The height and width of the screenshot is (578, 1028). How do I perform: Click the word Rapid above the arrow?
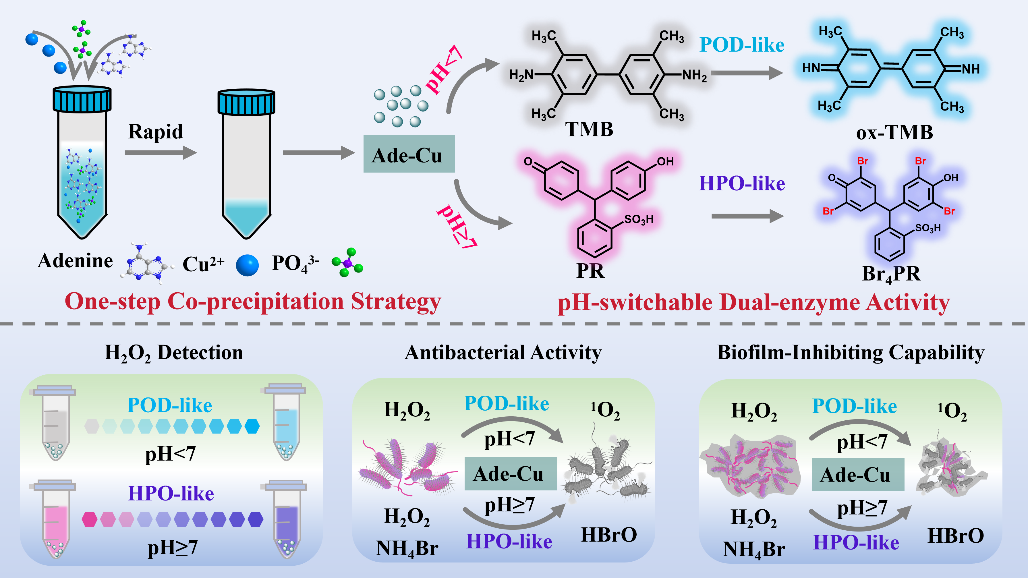(155, 132)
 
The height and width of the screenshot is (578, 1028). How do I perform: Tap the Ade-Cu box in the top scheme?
(409, 154)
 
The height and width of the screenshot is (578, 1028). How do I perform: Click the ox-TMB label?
(894, 133)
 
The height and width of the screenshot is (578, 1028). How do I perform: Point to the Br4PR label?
(891, 274)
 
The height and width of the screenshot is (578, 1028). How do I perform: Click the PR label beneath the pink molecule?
(590, 271)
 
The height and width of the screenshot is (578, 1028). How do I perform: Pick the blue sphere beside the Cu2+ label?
(247, 265)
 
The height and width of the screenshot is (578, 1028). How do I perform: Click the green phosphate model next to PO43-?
(347, 263)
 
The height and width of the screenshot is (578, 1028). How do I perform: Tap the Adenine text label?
(75, 261)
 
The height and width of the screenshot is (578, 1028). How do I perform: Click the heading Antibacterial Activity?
(503, 353)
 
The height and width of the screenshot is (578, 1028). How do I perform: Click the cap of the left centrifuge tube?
(82, 99)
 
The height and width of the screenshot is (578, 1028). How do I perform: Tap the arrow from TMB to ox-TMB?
(746, 73)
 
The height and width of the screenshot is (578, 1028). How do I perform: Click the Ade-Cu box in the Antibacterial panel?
(510, 474)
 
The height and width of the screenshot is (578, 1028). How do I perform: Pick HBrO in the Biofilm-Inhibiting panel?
(955, 536)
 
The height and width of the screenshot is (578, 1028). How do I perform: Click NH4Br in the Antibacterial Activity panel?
(407, 548)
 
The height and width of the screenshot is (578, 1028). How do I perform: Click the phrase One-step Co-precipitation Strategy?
(253, 302)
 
